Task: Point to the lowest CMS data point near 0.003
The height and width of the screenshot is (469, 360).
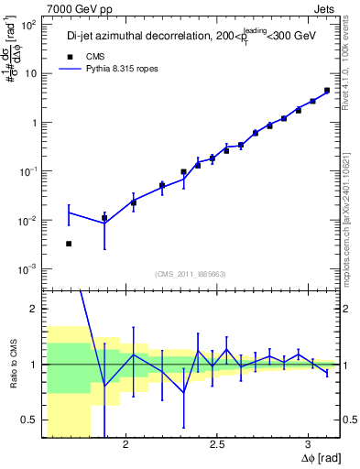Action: pos(69,244)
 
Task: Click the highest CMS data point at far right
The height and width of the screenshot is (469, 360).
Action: pos(327,91)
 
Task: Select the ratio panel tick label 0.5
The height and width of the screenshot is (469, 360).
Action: pos(29,420)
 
